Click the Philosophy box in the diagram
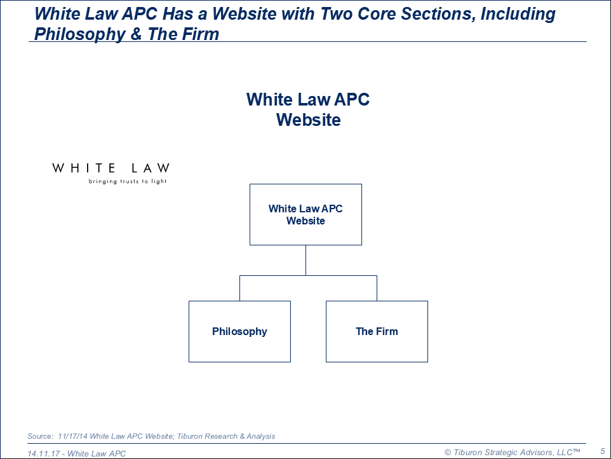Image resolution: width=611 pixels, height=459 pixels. tap(239, 331)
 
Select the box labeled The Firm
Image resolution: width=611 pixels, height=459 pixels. tap(377, 331)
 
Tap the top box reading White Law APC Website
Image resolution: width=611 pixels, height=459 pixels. tap(305, 214)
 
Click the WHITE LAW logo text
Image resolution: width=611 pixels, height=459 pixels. tap(111, 168)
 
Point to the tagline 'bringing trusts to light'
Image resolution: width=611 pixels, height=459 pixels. tap(128, 181)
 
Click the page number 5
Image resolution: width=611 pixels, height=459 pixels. tap(603, 451)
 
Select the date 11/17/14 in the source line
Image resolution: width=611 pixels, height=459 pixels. tap(73, 436)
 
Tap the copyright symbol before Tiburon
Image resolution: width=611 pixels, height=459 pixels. tap(448, 453)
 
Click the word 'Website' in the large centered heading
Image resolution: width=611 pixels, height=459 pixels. tap(309, 120)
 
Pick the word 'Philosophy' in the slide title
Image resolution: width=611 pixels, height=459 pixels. tap(79, 34)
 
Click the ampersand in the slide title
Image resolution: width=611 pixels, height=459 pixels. tap(136, 34)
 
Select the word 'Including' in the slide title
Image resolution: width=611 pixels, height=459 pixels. tap(518, 14)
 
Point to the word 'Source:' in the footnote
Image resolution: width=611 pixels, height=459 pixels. tap(40, 436)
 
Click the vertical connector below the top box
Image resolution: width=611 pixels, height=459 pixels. tap(306, 261)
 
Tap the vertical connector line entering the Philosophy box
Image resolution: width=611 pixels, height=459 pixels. tap(239, 288)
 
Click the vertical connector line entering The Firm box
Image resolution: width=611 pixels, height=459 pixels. tap(377, 288)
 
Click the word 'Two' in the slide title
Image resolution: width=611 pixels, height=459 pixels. tap(336, 13)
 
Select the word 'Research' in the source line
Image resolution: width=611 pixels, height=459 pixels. tap(221, 436)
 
